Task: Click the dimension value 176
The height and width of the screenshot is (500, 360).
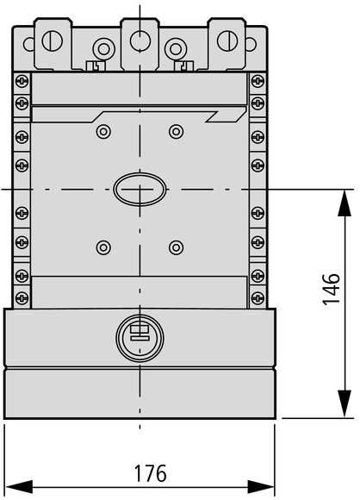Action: (x=151, y=473)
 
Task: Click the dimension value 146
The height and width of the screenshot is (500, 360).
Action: (x=331, y=289)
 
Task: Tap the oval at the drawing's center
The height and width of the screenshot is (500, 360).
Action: (x=140, y=190)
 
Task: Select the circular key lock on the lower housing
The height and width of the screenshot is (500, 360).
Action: (x=140, y=338)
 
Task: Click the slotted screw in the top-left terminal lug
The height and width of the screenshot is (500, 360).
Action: (x=53, y=41)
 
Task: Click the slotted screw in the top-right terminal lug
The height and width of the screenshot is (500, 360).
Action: (x=227, y=41)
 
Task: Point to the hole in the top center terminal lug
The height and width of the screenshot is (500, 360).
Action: (x=140, y=41)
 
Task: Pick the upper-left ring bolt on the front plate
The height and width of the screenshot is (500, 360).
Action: (x=103, y=131)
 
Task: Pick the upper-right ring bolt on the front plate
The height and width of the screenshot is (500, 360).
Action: (x=176, y=131)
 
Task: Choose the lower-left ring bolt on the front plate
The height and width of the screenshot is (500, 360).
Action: (x=103, y=247)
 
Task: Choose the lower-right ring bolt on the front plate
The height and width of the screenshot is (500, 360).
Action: (x=176, y=247)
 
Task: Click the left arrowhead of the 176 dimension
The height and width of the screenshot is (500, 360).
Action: (x=19, y=487)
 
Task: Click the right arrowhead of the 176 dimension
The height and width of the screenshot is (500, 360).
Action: (x=261, y=487)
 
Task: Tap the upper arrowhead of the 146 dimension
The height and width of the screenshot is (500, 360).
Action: (x=344, y=203)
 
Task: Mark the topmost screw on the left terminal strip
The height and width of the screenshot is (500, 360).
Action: (x=22, y=81)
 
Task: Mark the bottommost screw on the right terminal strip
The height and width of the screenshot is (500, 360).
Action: (x=258, y=297)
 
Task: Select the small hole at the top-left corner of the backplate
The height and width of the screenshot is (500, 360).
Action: (x=28, y=44)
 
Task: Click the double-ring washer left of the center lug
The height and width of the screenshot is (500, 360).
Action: (x=103, y=49)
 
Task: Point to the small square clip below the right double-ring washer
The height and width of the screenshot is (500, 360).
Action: (x=183, y=66)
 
